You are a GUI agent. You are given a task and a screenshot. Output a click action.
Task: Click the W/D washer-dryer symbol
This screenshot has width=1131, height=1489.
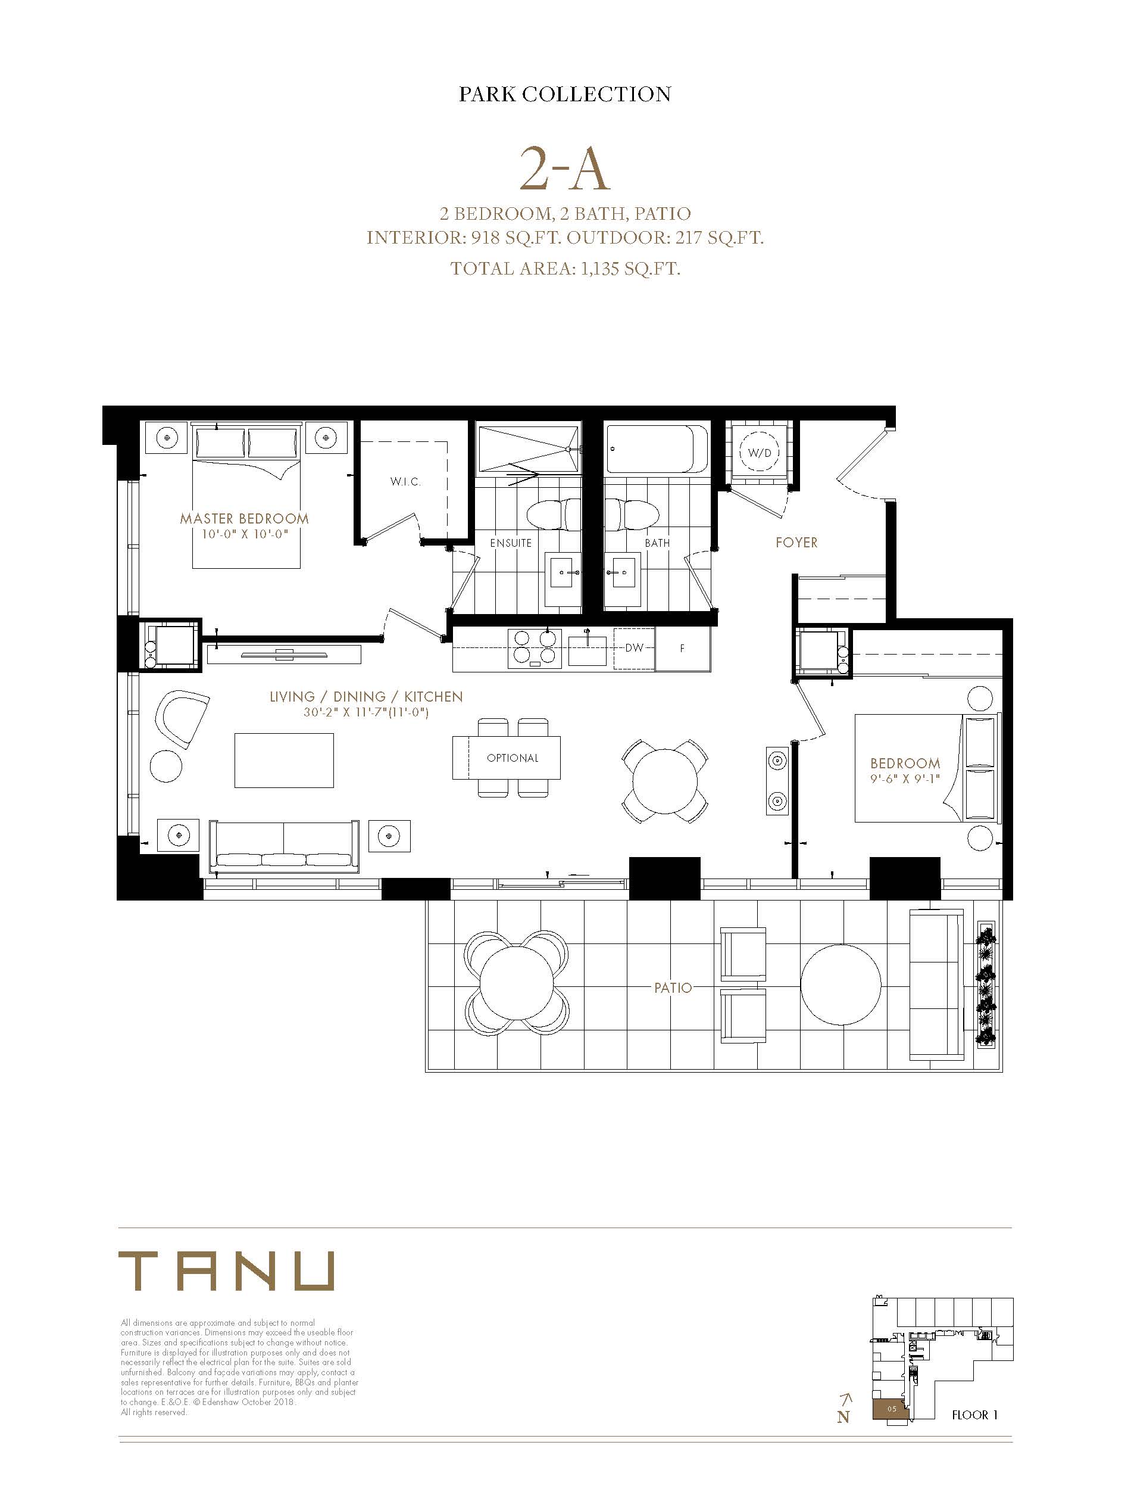pos(760,453)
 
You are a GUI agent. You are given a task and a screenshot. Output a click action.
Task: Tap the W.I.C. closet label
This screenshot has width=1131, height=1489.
pos(405,481)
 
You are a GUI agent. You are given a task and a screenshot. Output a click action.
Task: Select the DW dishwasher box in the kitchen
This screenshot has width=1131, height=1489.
pos(634,648)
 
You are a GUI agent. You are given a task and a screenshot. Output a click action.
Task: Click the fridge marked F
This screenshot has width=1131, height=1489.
pos(683,649)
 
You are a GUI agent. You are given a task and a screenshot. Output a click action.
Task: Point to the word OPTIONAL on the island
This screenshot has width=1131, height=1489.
pos(513,758)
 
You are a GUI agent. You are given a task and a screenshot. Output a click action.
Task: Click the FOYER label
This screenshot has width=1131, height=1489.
pos(796,543)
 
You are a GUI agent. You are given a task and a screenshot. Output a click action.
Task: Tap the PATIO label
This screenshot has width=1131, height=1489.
pos(673,988)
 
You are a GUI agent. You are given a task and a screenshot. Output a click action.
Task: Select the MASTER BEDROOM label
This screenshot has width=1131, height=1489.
pos(245,519)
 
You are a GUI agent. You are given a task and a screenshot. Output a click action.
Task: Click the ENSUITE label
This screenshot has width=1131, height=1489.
pos(511,543)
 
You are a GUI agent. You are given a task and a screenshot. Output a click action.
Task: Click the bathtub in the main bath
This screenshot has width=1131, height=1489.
pos(657,447)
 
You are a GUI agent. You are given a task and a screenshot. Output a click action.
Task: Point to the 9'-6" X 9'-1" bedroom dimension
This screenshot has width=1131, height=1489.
pos(905,778)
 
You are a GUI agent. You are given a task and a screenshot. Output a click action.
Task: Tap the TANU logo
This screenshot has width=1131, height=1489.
pos(226,1271)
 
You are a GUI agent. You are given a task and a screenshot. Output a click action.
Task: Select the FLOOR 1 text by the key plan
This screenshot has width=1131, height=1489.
pos(974,1415)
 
